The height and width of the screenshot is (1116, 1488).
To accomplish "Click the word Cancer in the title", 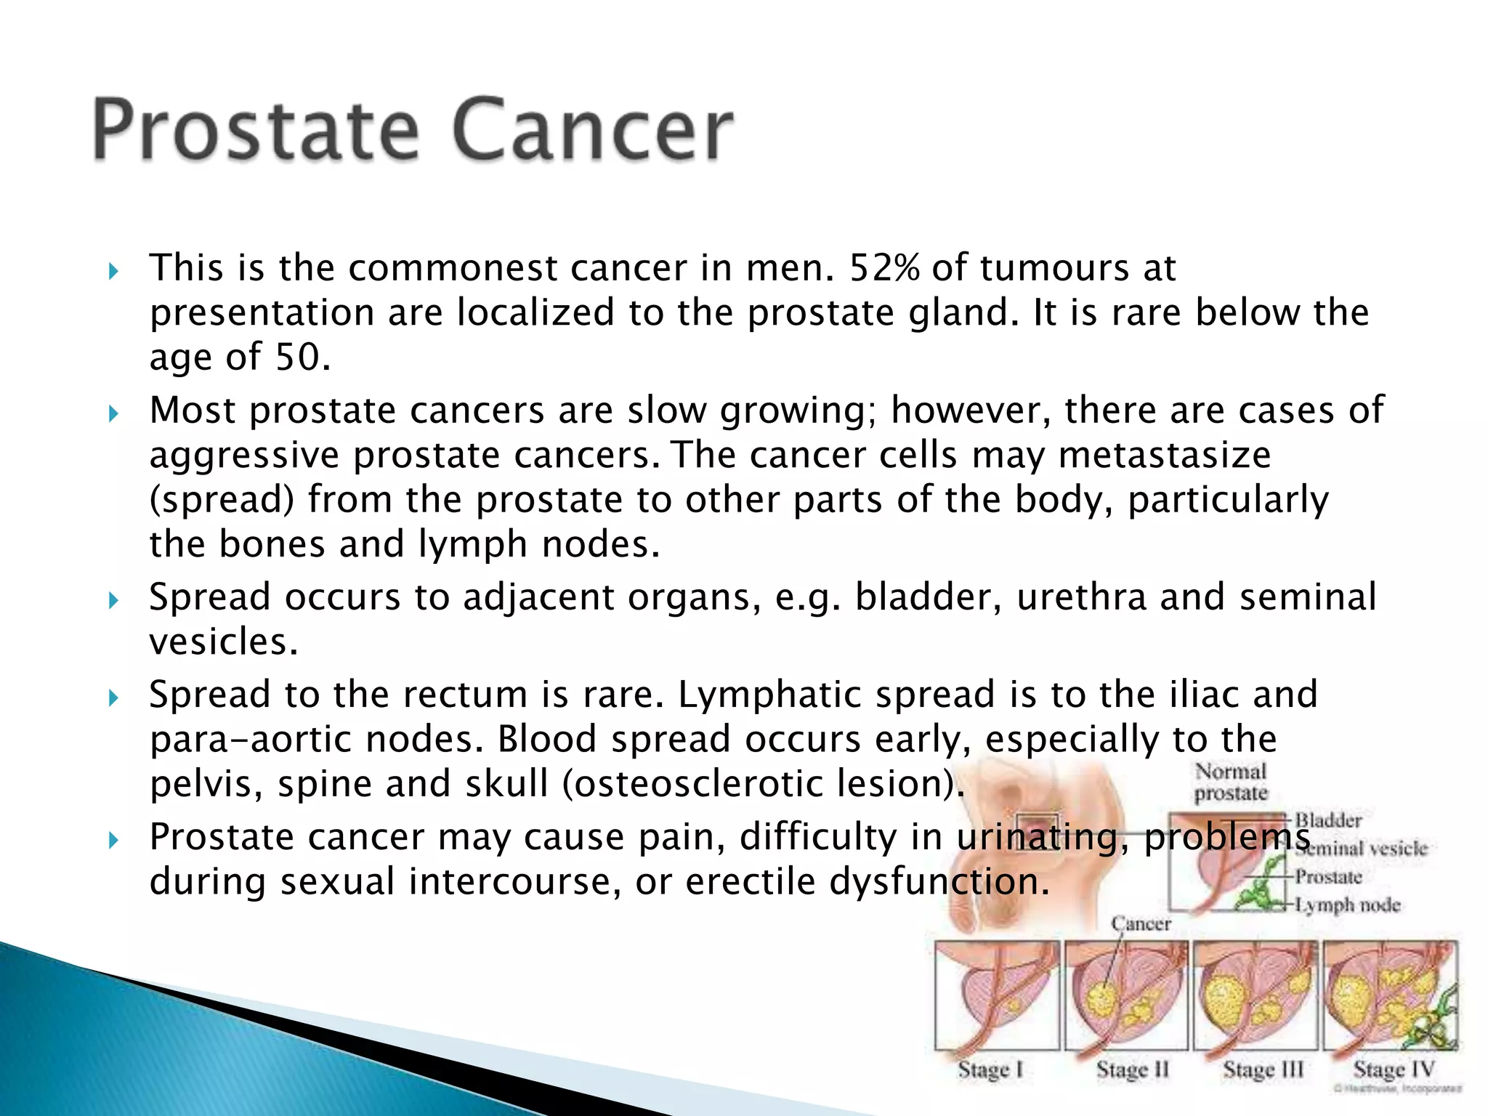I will click(x=591, y=131).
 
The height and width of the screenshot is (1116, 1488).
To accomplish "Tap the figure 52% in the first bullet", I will click(x=884, y=267).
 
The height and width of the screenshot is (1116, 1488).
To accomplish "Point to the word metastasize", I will click(x=1164, y=456).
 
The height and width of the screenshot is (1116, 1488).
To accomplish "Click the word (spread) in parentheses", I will click(x=222, y=500).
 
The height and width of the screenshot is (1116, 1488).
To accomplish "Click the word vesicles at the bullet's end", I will click(x=223, y=642).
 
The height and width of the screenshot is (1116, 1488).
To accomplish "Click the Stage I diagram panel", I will click(x=997, y=995).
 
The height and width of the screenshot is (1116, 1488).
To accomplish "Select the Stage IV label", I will click(x=1393, y=1069).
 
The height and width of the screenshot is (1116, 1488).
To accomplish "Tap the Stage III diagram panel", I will click(x=1255, y=995).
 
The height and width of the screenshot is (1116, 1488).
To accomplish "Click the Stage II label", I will click(x=1132, y=1069).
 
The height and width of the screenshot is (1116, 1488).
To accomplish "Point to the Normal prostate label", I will click(x=1231, y=782).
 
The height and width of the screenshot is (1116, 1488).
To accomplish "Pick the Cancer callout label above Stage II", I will click(x=1141, y=923).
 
